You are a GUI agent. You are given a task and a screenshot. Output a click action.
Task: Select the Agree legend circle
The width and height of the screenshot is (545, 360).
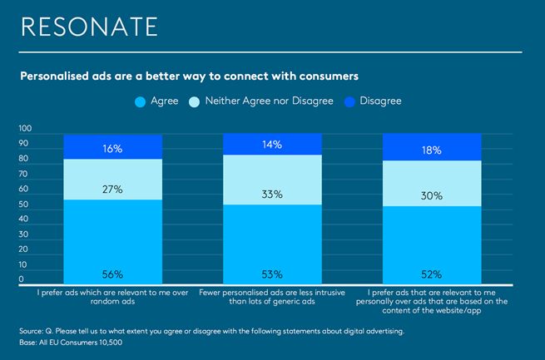(x=140, y=101)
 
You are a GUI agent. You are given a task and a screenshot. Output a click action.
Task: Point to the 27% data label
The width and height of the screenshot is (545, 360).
(x=113, y=190)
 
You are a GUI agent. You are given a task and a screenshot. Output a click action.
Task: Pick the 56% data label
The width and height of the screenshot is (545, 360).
(x=113, y=274)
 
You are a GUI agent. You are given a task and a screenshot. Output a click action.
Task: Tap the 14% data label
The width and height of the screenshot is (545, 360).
(x=272, y=145)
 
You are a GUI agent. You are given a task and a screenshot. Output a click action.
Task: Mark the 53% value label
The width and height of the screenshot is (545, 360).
(x=272, y=274)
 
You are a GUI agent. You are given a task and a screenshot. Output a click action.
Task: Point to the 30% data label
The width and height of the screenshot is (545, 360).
(x=431, y=197)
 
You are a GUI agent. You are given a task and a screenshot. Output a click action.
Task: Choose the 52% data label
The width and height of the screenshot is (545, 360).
(x=431, y=274)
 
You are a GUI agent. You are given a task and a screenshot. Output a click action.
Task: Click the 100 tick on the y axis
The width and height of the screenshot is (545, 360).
(x=24, y=129)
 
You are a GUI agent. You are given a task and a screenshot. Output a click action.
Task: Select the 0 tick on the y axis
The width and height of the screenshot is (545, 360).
(x=21, y=279)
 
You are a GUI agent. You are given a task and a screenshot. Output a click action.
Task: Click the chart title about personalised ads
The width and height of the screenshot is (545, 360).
(x=189, y=76)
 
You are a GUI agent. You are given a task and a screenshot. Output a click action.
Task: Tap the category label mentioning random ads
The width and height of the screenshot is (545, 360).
(x=113, y=296)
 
